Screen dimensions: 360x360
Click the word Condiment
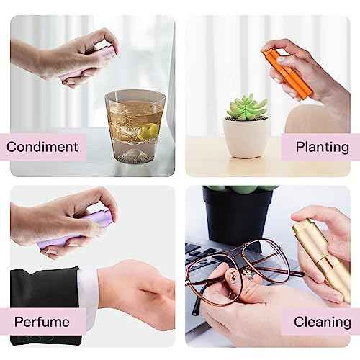[42, 147]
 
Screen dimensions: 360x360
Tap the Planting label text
[322, 147]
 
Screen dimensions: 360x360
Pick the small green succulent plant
[247, 107]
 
